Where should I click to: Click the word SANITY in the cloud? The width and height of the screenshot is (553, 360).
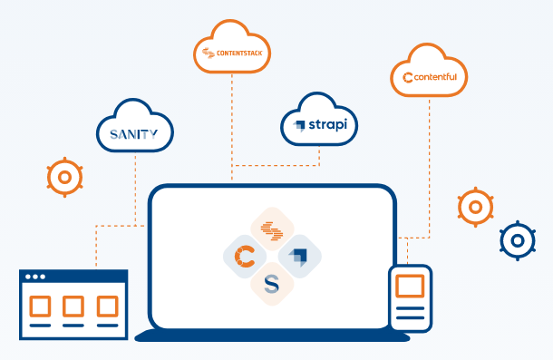pos(133,134)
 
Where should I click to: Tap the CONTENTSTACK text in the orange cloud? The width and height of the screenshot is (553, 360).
pos(239,54)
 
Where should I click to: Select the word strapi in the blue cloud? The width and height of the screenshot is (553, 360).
pos(328,124)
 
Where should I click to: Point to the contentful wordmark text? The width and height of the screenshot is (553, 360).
pos(435,77)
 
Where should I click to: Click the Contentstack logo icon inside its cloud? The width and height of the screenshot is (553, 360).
pos(209,53)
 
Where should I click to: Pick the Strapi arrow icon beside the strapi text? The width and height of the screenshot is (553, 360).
pos(299,126)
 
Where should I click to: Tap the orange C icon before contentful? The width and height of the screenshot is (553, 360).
pos(408,78)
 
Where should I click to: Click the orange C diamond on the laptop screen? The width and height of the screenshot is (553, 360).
pos(245,257)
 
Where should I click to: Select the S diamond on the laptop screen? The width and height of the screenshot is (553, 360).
pos(272,284)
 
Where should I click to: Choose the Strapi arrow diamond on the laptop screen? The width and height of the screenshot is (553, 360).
pos(299,257)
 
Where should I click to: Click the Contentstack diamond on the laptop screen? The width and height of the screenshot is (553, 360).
pos(272,229)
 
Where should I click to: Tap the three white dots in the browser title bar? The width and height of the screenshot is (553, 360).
pos(35,277)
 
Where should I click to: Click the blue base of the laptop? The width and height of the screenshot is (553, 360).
pos(272,336)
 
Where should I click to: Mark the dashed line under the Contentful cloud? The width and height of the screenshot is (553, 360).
pos(429,169)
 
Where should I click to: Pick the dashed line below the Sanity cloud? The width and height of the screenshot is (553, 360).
pos(135,189)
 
